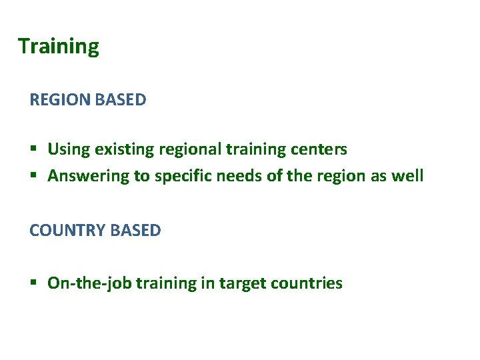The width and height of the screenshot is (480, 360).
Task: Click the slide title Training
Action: tap(58, 47)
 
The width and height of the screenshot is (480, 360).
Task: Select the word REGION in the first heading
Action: tap(60, 100)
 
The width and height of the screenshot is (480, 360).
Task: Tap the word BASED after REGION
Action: tap(121, 100)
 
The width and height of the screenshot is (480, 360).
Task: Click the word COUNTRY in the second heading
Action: tap(67, 231)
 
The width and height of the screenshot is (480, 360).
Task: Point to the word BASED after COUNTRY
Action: tap(135, 231)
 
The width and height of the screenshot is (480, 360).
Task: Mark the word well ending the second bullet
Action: tap(408, 176)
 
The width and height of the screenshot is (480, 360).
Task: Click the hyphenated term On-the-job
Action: tap(89, 283)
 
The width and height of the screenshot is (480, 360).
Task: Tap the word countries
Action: tap(306, 283)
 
